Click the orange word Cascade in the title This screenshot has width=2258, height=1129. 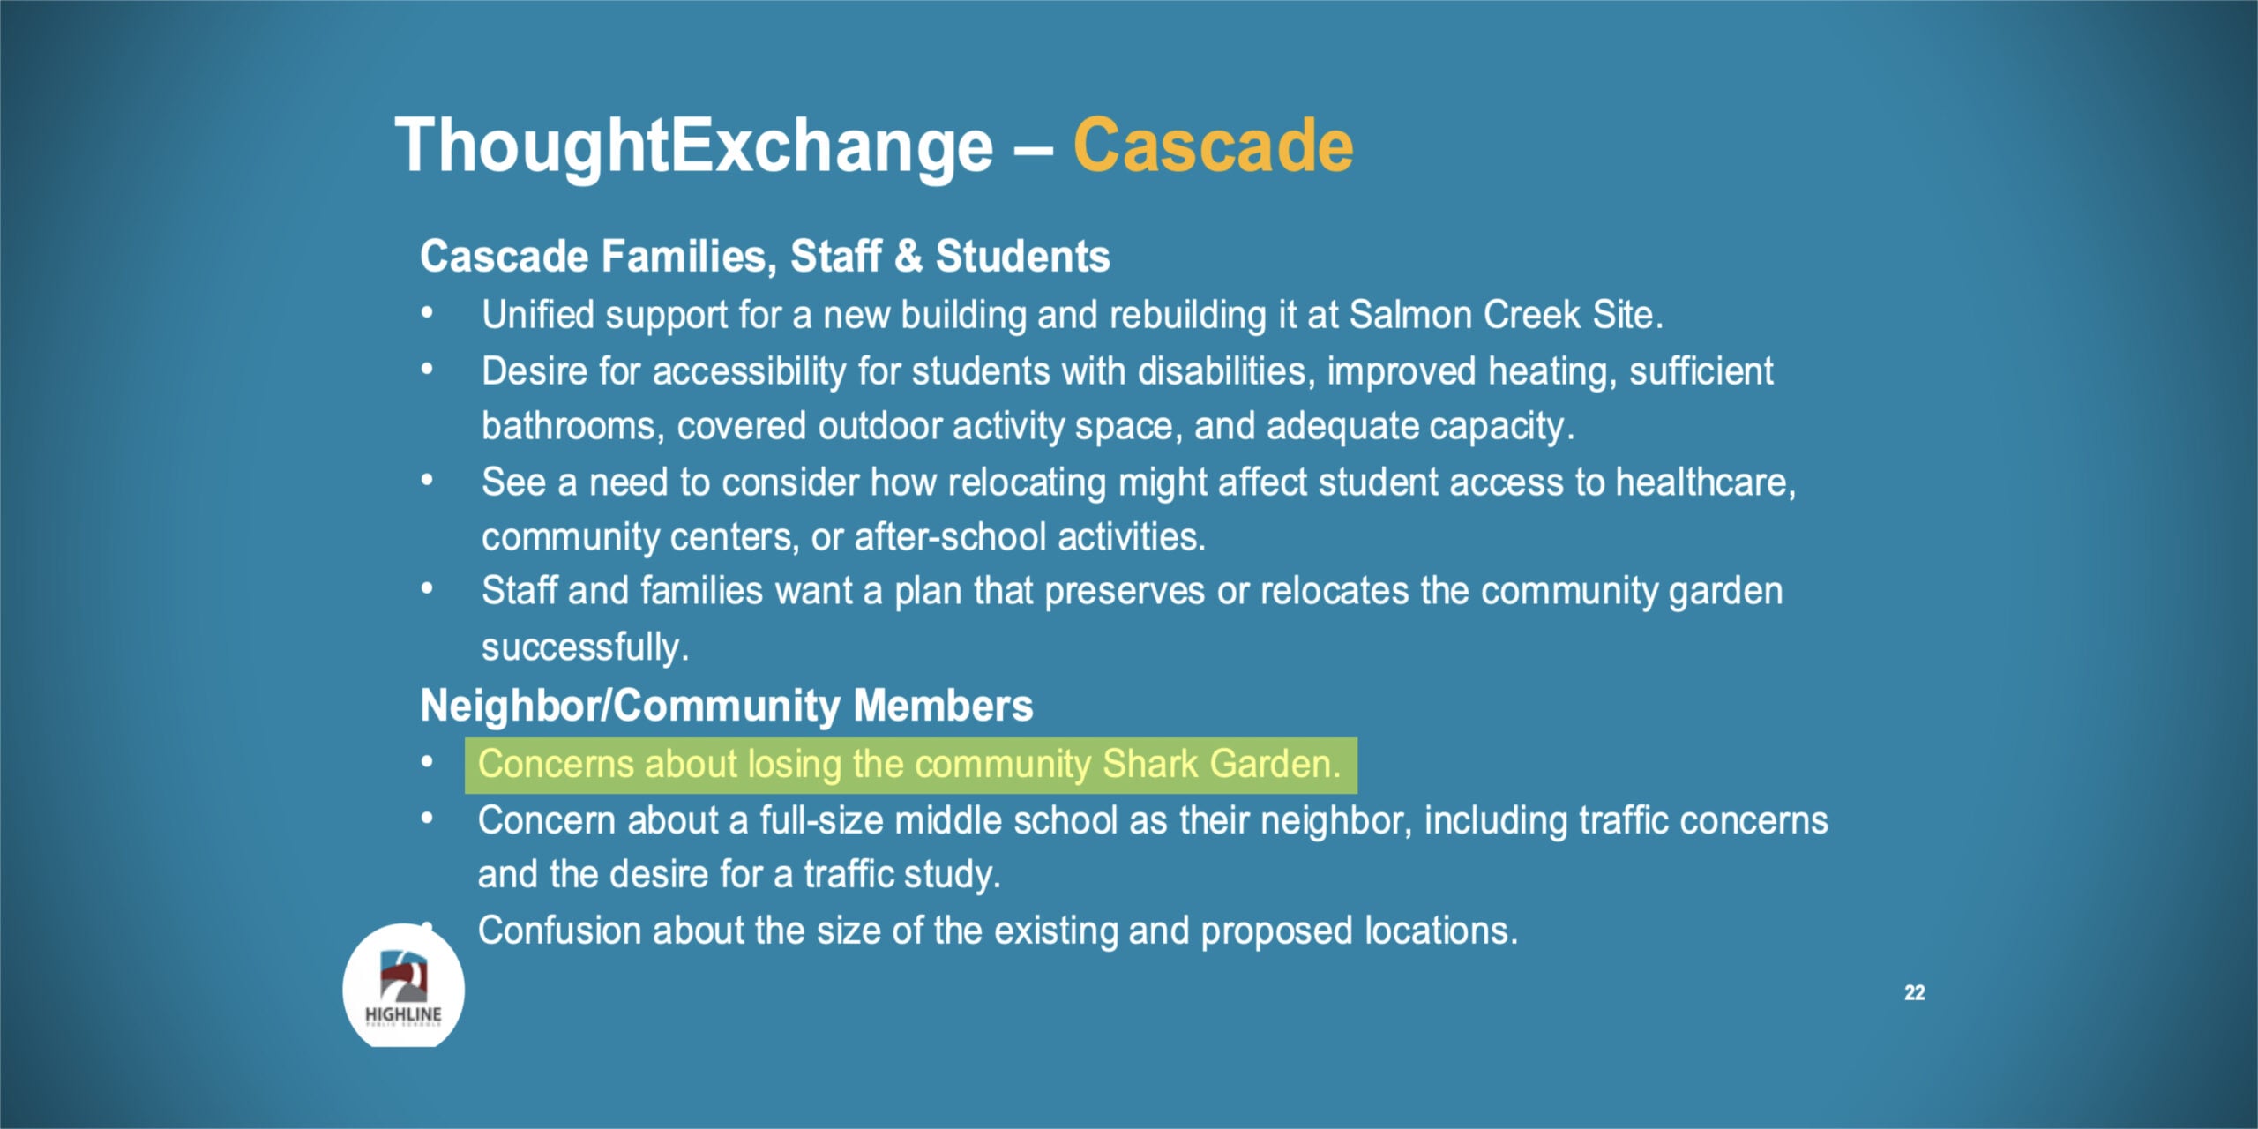pyautogui.click(x=1213, y=146)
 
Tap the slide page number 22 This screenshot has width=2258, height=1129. pyautogui.click(x=1914, y=992)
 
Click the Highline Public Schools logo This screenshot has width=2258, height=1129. pyautogui.click(x=404, y=986)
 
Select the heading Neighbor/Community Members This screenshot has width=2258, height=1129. pyautogui.click(x=726, y=707)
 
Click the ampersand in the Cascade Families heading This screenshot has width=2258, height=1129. pyautogui.click(x=908, y=256)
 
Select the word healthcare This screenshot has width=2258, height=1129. pyautogui.click(x=1705, y=482)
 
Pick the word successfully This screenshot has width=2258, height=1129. pyautogui.click(x=585, y=648)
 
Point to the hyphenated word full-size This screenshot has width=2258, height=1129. pyautogui.click(x=821, y=821)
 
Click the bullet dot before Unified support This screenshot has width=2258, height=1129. pyautogui.click(x=428, y=312)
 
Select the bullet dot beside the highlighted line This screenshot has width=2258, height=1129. pyautogui.click(x=428, y=761)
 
